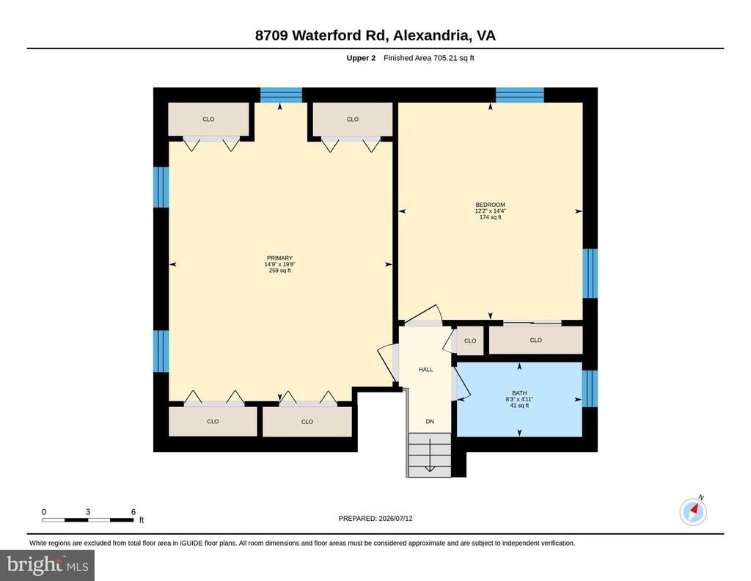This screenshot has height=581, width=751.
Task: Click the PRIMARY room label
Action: click(x=279, y=258)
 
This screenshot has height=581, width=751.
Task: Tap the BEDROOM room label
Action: click(x=490, y=205)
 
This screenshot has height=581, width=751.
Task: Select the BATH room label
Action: click(x=519, y=393)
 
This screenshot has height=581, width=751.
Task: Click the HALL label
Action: click(x=426, y=369)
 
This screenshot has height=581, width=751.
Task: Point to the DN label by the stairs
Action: click(x=430, y=422)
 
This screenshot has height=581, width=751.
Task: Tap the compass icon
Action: click(x=693, y=512)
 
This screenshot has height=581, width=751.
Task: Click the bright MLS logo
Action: click(x=48, y=565)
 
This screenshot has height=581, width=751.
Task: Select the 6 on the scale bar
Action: click(x=133, y=511)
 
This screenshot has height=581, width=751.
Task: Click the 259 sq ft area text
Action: click(x=279, y=271)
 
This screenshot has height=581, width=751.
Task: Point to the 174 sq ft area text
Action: click(x=490, y=217)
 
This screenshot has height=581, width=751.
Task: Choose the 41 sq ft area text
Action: click(x=519, y=406)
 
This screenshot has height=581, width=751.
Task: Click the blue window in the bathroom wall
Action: click(x=590, y=388)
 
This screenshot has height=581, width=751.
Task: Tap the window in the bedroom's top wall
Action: click(x=520, y=95)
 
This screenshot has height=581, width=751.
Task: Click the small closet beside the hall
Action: click(x=470, y=340)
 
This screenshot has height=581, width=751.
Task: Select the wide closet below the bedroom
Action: click(x=535, y=340)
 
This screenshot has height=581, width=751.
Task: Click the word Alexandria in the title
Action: click(x=431, y=35)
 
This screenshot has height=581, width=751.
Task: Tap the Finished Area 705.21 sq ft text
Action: click(x=428, y=58)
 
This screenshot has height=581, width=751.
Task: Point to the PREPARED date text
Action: click(x=375, y=518)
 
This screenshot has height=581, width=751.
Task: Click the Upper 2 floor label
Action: click(x=361, y=58)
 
